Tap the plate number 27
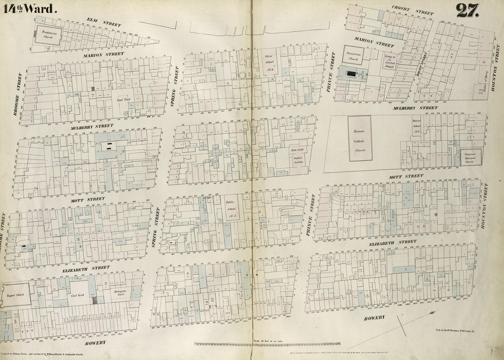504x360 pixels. [468, 10]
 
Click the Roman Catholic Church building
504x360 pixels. [359, 138]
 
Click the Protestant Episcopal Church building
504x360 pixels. [471, 157]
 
